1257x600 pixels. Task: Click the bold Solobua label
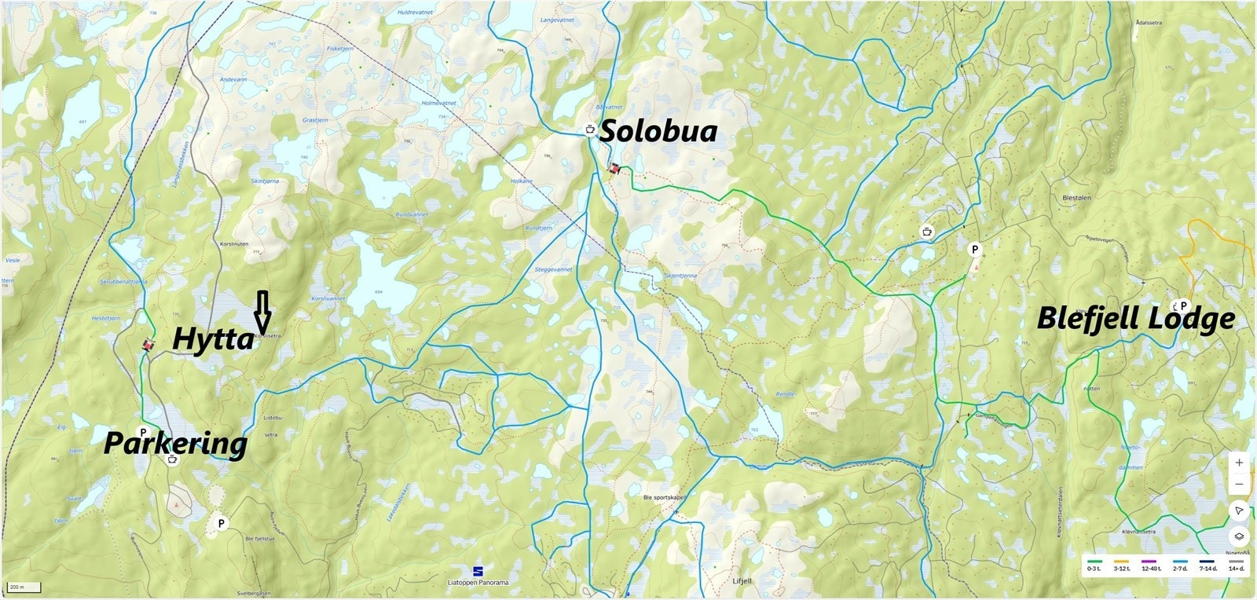pyautogui.click(x=658, y=132)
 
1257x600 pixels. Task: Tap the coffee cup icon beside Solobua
pyautogui.click(x=589, y=129)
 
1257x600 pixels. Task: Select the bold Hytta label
pyautogui.click(x=212, y=339)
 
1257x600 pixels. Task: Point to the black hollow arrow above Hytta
pyautogui.click(x=262, y=311)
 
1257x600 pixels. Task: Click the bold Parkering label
pyautogui.click(x=175, y=445)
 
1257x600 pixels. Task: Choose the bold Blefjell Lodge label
pyautogui.click(x=1135, y=319)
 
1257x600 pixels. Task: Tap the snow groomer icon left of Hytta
pyautogui.click(x=147, y=344)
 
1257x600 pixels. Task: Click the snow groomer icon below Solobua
pyautogui.click(x=614, y=168)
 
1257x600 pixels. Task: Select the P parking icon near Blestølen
pyautogui.click(x=975, y=250)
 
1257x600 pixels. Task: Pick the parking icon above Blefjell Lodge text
pyautogui.click(x=1182, y=305)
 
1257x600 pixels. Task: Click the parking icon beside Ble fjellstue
pyautogui.click(x=222, y=522)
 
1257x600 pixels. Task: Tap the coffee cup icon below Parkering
pyautogui.click(x=172, y=459)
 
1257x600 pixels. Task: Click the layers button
pyautogui.click(x=1239, y=537)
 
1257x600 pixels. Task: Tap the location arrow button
pyautogui.click(x=1239, y=510)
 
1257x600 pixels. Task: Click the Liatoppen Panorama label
pyautogui.click(x=477, y=582)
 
